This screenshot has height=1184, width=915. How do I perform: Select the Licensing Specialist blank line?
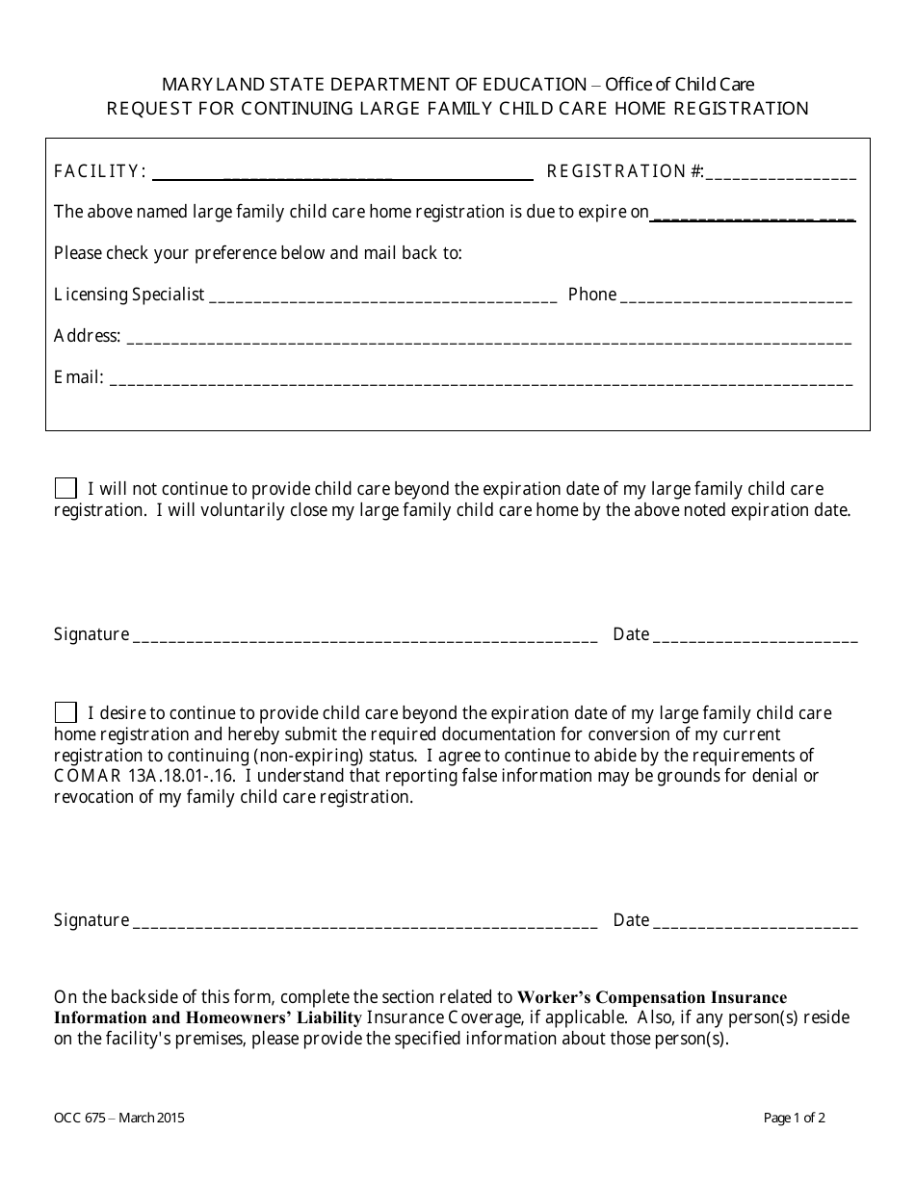click(x=382, y=296)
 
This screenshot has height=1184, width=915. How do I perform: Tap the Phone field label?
click(x=592, y=295)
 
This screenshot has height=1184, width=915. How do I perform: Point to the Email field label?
click(x=78, y=377)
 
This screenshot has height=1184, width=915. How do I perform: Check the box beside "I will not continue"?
click(x=65, y=488)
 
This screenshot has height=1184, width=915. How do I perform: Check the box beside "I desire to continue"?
click(x=65, y=712)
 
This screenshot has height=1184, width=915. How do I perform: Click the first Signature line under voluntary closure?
click(x=364, y=636)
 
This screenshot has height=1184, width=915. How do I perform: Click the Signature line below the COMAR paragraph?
click(x=364, y=922)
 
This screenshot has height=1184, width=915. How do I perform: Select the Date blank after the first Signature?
click(x=755, y=636)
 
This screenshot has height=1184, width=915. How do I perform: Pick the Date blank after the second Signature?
click(x=755, y=922)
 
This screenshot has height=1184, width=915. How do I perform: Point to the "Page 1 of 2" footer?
click(x=794, y=1118)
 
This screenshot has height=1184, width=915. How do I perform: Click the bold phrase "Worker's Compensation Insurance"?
click(x=652, y=997)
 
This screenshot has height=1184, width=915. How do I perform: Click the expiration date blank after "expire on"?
click(x=752, y=214)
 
